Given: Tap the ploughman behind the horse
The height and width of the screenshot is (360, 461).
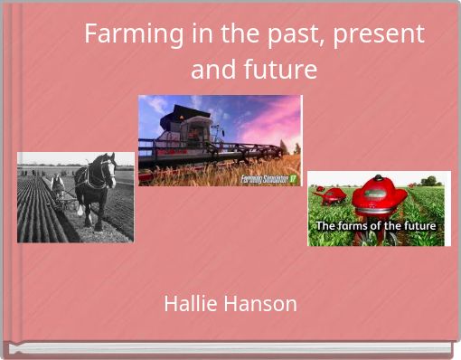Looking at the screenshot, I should point(58,185).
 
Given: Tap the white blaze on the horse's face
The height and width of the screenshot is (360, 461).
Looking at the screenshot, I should point(112,168).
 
